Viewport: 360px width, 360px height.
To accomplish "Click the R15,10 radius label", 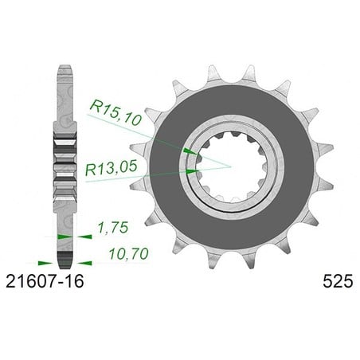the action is (x=115, y=112).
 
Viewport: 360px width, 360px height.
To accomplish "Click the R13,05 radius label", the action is (x=112, y=167).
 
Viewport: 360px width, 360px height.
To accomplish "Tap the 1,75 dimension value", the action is (x=113, y=228).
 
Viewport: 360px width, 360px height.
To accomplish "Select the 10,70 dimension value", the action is (x=129, y=254).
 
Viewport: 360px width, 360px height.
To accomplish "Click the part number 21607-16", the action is (x=45, y=281).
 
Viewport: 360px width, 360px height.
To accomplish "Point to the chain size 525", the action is (x=338, y=281).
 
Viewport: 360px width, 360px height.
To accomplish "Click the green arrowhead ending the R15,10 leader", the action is (x=190, y=151).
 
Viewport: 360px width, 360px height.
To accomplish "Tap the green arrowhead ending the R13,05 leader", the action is (x=193, y=171).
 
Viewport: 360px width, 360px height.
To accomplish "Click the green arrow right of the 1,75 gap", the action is (x=84, y=237).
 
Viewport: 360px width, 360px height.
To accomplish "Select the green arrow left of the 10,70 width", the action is (x=45, y=263).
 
